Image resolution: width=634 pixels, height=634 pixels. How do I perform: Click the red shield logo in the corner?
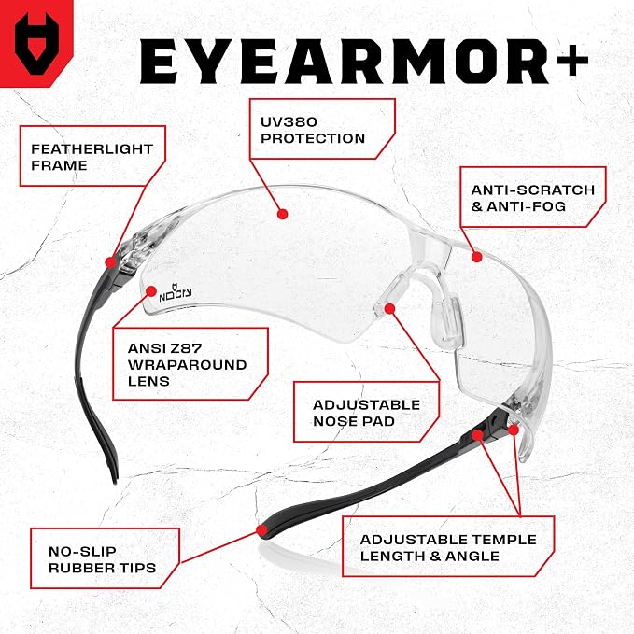coord(36,43)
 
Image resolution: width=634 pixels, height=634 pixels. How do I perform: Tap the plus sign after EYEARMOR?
coord(572,60)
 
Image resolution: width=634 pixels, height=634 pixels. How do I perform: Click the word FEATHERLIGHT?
coord(92,149)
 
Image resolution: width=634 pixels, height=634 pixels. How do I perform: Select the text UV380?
coord(289,121)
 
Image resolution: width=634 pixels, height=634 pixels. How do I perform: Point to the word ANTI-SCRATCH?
coord(533,190)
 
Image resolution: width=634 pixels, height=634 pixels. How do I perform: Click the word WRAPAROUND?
coord(187,365)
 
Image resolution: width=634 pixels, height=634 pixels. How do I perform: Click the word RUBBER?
coord(80,568)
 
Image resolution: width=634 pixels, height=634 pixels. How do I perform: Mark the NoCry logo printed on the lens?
coord(176,293)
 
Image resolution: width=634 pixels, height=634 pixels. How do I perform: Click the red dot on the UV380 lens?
coord(283,214)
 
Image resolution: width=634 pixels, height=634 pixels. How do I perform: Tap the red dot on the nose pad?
coord(389,309)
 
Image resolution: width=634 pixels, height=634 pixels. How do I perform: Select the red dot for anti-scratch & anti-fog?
coord(477,257)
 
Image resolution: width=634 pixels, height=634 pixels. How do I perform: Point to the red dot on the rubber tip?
coord(262,530)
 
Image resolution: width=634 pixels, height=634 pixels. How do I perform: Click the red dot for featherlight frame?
coord(110,262)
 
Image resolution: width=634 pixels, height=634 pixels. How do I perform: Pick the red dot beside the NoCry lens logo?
coord(151,291)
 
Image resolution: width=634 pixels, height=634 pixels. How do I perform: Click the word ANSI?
coord(145,348)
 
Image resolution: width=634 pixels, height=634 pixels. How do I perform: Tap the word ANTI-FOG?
coord(526,206)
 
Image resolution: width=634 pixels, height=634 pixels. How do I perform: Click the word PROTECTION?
coord(313,138)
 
